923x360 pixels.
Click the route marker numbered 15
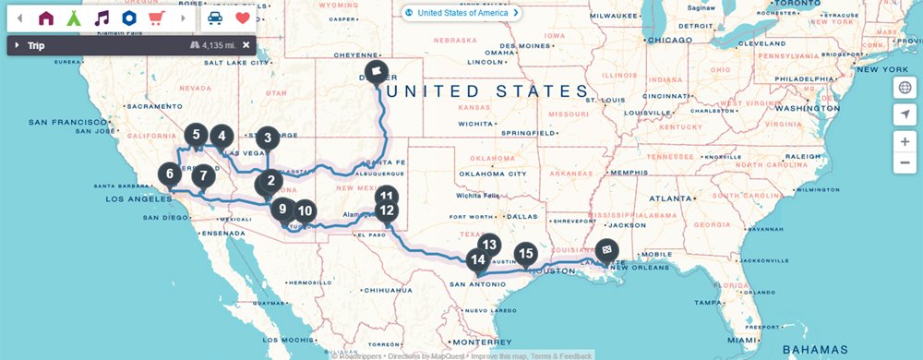click(525, 253)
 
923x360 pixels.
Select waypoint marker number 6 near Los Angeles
click(169, 174)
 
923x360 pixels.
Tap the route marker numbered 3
click(267, 138)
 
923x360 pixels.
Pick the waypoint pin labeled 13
click(489, 246)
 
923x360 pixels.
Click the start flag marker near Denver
click(377, 71)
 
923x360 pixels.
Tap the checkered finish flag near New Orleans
click(606, 248)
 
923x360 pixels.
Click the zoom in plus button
click(905, 141)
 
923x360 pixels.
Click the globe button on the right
click(905, 88)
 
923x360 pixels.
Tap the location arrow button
click(905, 114)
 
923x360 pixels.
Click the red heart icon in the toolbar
click(243, 18)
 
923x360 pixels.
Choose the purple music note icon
click(102, 18)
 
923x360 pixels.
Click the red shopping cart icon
click(156, 18)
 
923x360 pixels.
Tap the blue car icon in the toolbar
click(214, 18)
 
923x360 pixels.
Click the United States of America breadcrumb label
click(461, 13)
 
